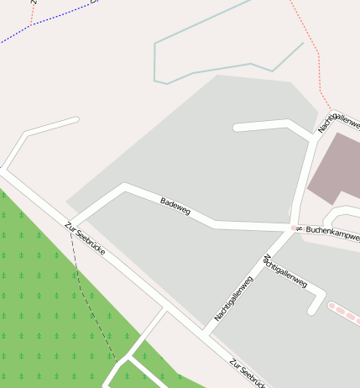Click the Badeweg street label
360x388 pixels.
coord(175,206)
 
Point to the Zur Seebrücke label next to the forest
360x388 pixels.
coord(85,239)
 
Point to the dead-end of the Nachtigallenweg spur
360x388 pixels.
coord(313,312)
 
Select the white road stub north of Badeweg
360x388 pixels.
coord(237,128)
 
